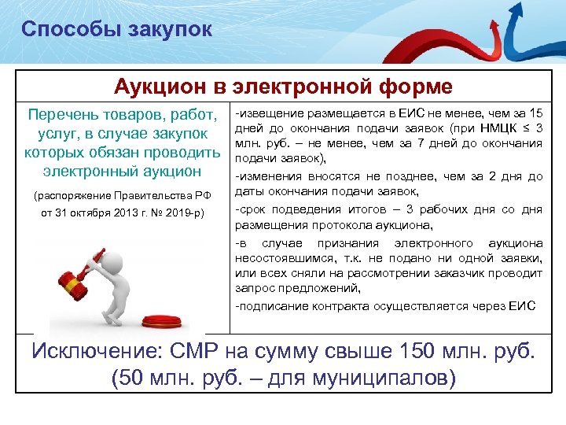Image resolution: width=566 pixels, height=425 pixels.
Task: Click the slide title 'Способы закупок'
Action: point(116,30)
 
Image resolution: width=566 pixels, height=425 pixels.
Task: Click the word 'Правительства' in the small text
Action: point(149,195)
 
